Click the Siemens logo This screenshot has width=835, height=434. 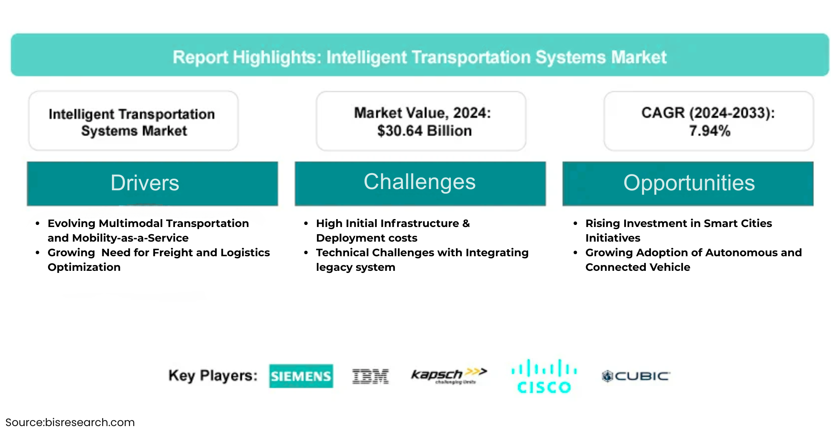click(301, 376)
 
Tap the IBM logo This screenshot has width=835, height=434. click(370, 376)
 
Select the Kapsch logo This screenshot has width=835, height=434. click(449, 375)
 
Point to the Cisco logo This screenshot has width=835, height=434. click(544, 376)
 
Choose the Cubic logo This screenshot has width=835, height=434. click(636, 376)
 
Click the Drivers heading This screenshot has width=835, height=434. click(145, 183)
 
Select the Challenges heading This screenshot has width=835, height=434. click(420, 182)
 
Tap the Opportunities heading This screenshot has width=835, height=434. click(689, 183)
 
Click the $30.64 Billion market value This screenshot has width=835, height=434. click(425, 131)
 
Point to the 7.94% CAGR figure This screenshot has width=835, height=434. click(710, 131)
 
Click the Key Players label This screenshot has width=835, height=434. click(213, 376)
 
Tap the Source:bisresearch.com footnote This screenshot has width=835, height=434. click(70, 422)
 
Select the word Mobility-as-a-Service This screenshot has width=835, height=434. click(130, 238)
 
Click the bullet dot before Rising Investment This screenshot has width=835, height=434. click(575, 224)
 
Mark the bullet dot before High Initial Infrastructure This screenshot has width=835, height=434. click(306, 224)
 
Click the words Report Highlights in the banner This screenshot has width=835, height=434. click(248, 57)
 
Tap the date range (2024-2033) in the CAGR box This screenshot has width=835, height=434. click(732, 113)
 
